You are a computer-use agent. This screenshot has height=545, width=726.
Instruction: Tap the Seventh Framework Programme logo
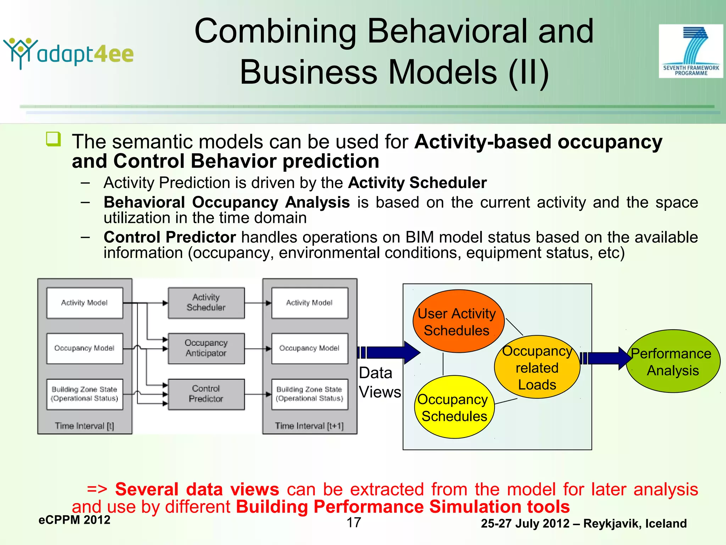691,51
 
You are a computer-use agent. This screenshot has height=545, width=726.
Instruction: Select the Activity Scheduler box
206,303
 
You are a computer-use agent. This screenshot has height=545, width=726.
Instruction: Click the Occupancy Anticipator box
206,348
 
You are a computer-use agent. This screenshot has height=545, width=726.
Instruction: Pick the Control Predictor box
206,394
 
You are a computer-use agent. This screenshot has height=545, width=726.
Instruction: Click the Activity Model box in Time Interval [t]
85,303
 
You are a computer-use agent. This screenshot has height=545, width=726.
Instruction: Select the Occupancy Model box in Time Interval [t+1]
309,348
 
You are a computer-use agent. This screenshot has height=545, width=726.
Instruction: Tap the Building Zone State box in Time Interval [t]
85,394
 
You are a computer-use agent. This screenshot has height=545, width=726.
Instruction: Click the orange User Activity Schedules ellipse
458,321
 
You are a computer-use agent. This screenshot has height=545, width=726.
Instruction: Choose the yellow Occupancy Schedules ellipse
454,407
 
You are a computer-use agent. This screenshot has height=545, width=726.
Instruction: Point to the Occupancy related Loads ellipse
537,367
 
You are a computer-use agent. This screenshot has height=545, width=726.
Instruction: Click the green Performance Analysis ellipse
672,362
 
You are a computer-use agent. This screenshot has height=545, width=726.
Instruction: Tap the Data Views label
379,382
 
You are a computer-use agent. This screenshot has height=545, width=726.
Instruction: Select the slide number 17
354,523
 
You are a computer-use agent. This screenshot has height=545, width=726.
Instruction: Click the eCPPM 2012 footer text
74,520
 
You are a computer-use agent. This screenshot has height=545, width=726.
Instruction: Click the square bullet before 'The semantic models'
53,139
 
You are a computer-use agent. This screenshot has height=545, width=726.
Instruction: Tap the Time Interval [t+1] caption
309,426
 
